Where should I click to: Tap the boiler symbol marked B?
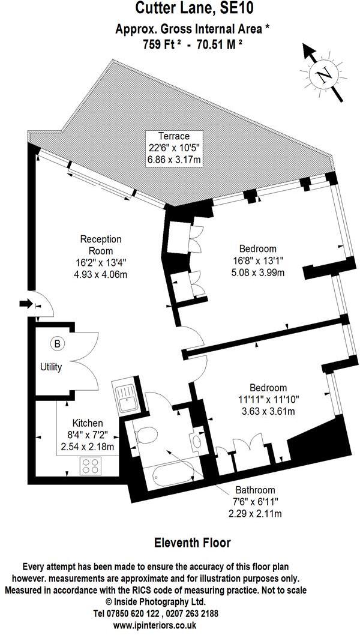point(57,344)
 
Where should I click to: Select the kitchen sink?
point(126,397)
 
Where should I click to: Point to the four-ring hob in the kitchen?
point(91,465)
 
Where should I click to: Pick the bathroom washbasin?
point(197,442)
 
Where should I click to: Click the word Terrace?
point(174,136)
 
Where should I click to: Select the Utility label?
point(51,367)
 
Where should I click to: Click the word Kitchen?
point(87,424)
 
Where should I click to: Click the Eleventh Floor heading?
point(193,543)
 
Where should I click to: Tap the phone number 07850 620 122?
point(130,614)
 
